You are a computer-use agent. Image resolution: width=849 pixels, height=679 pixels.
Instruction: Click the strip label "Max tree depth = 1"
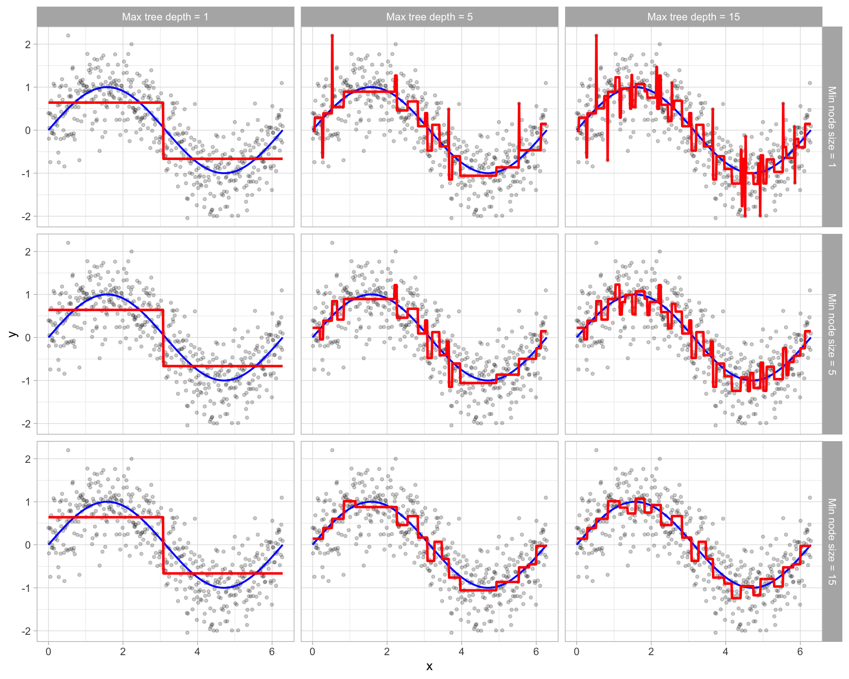[x=165, y=17]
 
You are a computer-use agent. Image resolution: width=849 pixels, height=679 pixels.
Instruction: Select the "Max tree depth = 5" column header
[x=429, y=17]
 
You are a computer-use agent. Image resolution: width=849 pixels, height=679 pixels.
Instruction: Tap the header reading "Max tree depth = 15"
[x=693, y=17]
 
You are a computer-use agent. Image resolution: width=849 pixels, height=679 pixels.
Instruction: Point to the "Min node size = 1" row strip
[x=832, y=127]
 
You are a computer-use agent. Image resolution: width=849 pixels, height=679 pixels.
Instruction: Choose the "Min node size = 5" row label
[x=832, y=334]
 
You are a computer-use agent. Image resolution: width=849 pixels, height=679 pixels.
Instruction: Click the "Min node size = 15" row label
[x=832, y=542]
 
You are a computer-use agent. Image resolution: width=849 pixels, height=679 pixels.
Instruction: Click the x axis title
[x=429, y=667]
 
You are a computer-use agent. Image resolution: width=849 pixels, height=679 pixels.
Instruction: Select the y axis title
[x=13, y=334]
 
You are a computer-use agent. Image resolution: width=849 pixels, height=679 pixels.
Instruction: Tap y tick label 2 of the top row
[x=28, y=44]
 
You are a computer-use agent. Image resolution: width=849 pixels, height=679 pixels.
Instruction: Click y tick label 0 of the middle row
[x=28, y=338]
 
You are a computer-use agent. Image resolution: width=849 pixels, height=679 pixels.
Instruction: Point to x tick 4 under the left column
[x=197, y=651]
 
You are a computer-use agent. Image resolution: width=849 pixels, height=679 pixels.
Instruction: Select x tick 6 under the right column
[x=800, y=651]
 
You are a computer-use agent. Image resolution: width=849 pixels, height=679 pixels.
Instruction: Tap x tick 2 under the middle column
[x=387, y=651]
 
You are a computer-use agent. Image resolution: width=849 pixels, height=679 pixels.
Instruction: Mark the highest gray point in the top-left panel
[x=68, y=35]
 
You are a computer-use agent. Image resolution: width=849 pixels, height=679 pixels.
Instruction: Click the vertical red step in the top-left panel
[x=163, y=131]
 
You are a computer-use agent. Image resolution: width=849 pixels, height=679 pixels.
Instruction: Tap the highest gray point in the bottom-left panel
[x=68, y=450]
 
